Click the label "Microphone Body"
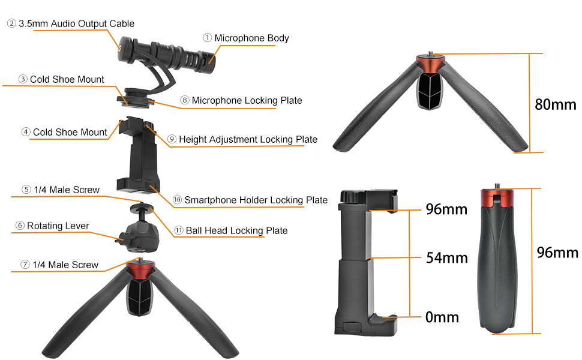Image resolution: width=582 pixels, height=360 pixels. tap(251, 38)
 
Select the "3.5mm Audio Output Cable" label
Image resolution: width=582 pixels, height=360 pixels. tap(76, 24)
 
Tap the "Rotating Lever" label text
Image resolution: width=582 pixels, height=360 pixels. tap(58, 226)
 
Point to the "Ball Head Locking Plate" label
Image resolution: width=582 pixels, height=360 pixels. tap(236, 230)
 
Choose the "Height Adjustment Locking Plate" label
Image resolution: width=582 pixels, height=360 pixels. tap(248, 140)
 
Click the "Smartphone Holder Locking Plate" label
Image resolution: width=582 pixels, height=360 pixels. tap(256, 200)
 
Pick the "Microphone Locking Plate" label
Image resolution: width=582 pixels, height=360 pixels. tap(247, 100)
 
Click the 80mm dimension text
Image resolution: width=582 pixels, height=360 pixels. tap(555, 104)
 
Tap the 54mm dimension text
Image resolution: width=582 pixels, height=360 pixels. tap(446, 258)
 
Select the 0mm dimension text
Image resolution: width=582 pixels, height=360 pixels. tap(442, 316)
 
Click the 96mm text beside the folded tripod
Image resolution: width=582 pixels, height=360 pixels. tap(557, 253)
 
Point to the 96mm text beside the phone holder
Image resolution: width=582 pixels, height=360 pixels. tap(446, 210)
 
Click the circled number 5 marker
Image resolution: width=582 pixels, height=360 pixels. tap(26, 190)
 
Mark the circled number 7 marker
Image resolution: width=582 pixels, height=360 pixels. tap(25, 265)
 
